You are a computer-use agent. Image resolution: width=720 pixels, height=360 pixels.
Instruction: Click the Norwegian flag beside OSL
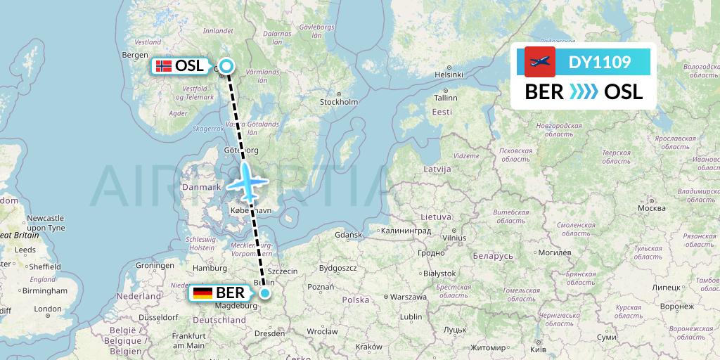point(163,66)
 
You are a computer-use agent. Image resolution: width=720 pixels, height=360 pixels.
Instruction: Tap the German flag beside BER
point(203,293)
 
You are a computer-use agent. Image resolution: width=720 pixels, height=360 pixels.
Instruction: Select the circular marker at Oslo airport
point(226,66)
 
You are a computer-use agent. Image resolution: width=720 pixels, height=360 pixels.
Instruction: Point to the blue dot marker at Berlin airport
point(265,293)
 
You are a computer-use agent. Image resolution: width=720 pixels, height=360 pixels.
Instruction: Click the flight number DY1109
point(599,62)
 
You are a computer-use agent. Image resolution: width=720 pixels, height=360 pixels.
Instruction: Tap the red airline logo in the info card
point(539,62)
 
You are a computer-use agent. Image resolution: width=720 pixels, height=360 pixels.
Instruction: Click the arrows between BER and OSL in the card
point(584,91)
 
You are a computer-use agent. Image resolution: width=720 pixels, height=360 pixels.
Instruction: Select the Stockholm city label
point(339,101)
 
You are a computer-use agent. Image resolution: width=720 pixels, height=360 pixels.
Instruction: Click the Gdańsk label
point(348,234)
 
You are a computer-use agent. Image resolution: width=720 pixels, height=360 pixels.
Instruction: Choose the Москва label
point(651,208)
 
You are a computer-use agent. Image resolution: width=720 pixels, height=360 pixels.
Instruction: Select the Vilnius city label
point(454,238)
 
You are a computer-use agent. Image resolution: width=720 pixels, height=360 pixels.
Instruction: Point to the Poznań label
point(321,286)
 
